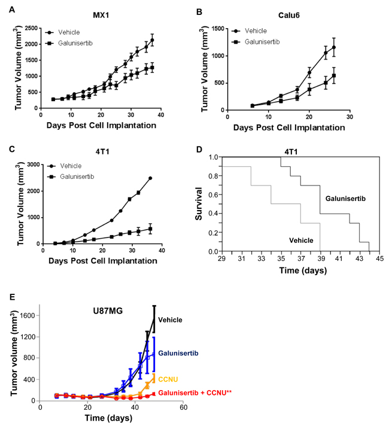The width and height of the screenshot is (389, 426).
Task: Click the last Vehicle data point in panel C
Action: coord(150,178)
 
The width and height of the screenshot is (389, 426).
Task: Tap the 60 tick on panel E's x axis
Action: coord(183,407)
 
